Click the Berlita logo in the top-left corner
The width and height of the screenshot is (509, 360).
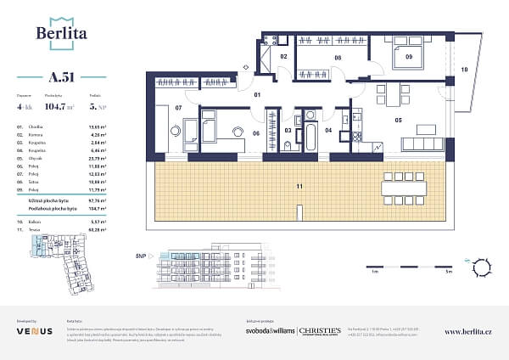coord(59,31)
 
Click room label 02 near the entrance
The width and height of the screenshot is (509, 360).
coord(284,57)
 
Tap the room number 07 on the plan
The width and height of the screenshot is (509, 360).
coord(179,109)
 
